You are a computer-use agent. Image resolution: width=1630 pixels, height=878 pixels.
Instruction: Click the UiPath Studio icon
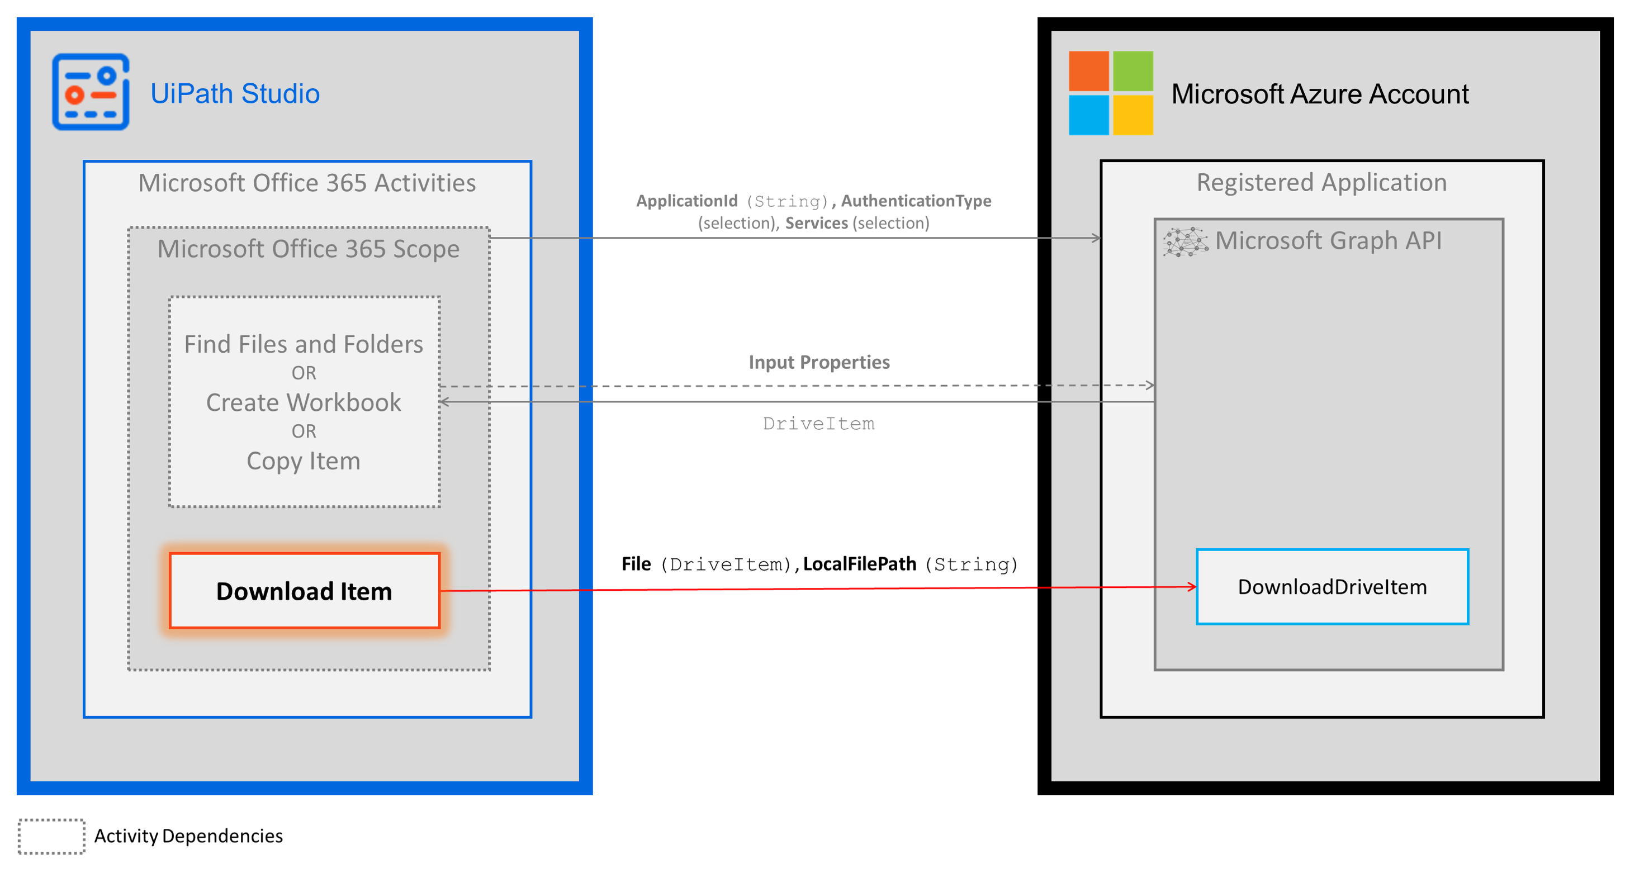91,92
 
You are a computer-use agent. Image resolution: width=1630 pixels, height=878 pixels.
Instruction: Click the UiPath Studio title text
235,94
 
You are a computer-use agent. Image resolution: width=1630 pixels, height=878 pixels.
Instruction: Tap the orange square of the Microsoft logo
1088,71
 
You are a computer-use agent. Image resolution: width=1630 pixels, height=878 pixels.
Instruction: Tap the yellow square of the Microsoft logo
1133,115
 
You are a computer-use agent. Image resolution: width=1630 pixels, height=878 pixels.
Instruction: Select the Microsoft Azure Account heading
1319,94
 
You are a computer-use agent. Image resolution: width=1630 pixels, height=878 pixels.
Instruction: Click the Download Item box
304,591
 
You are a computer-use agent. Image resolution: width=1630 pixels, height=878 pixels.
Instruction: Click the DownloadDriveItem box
1332,587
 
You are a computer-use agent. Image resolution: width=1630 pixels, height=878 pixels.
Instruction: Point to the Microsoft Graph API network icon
1185,241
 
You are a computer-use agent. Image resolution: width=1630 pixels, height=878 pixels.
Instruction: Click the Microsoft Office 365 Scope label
308,249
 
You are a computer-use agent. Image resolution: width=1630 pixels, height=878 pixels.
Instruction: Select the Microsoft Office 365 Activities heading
307,183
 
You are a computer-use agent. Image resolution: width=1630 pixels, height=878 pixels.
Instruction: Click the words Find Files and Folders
304,344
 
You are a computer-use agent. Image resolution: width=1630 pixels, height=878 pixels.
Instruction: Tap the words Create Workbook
304,402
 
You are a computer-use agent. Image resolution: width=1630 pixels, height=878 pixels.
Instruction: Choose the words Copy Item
304,461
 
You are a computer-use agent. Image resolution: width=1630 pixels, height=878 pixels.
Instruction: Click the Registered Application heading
1321,182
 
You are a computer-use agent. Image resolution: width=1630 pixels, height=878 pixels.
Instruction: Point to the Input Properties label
819,362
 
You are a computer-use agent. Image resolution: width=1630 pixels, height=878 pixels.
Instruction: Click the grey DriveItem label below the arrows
819,423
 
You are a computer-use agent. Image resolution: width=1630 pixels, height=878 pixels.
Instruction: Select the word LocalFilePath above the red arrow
859,563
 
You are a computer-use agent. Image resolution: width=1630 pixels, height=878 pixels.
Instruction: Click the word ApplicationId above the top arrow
686,201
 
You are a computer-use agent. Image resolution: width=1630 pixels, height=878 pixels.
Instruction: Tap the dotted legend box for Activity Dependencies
51,836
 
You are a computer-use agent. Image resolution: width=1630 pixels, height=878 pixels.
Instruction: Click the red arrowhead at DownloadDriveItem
1192,587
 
